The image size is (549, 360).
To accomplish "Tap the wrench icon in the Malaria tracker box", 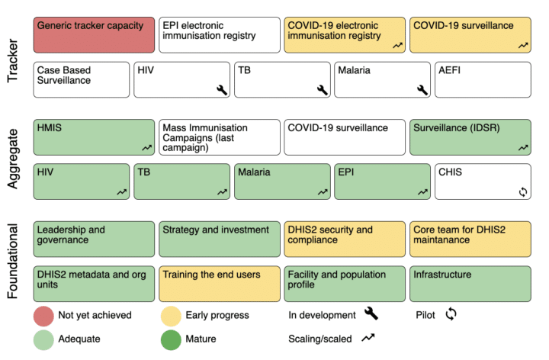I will click(422, 90).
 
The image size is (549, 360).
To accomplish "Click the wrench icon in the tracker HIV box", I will click(222, 90).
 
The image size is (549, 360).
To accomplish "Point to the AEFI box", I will click(483, 79).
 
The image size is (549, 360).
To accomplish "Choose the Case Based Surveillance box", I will click(82, 79).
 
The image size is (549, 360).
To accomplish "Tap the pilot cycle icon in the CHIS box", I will click(522, 191).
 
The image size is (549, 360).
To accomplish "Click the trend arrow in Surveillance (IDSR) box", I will click(522, 148).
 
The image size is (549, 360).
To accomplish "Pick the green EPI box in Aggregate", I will click(382, 181).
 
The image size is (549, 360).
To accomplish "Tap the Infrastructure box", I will click(470, 283).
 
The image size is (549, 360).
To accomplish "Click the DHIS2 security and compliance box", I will click(345, 239).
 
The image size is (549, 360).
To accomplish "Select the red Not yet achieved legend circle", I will click(44, 315).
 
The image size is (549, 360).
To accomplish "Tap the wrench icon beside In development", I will click(371, 314).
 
